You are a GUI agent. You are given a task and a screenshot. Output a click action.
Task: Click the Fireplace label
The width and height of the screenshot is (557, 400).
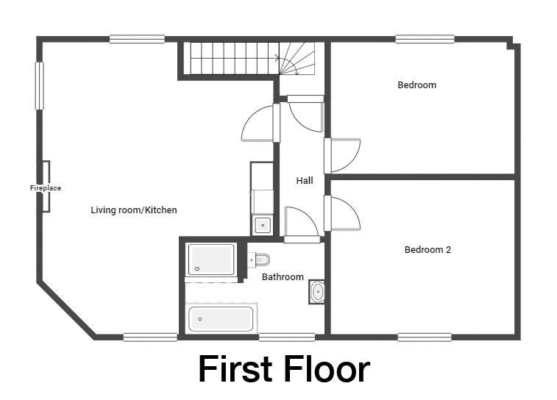point(46,187)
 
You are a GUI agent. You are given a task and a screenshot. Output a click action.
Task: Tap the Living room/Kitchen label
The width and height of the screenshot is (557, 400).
point(134,210)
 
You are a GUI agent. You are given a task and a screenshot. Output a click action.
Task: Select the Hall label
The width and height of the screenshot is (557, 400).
point(305,180)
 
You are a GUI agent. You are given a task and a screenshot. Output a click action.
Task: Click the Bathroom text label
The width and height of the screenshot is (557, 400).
point(283,277)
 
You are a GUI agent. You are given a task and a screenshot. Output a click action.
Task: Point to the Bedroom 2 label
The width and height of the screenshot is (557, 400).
point(427,249)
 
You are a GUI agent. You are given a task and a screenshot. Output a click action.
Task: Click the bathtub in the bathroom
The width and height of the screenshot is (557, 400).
point(221,318)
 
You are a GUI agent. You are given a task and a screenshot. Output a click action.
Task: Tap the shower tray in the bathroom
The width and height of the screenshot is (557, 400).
point(211,259)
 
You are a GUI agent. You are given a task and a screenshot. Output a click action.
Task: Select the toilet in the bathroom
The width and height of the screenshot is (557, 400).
point(258,260)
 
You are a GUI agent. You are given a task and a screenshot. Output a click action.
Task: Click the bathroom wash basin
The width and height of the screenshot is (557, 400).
point(317,292)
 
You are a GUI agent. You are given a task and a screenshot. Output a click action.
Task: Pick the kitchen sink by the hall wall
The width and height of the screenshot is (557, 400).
point(263,225)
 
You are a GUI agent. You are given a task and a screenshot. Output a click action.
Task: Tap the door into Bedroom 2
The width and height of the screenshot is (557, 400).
point(342,213)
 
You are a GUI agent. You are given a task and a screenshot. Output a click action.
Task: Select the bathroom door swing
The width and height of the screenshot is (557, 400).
point(302,224)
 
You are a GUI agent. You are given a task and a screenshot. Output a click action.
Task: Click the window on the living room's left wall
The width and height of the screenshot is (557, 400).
point(40,86)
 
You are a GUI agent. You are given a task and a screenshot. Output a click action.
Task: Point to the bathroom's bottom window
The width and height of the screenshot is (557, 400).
point(287,337)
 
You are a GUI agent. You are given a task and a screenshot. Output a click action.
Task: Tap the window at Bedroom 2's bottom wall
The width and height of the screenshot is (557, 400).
point(425,337)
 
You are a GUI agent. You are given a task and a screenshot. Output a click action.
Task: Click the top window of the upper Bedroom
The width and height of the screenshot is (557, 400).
point(425,39)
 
